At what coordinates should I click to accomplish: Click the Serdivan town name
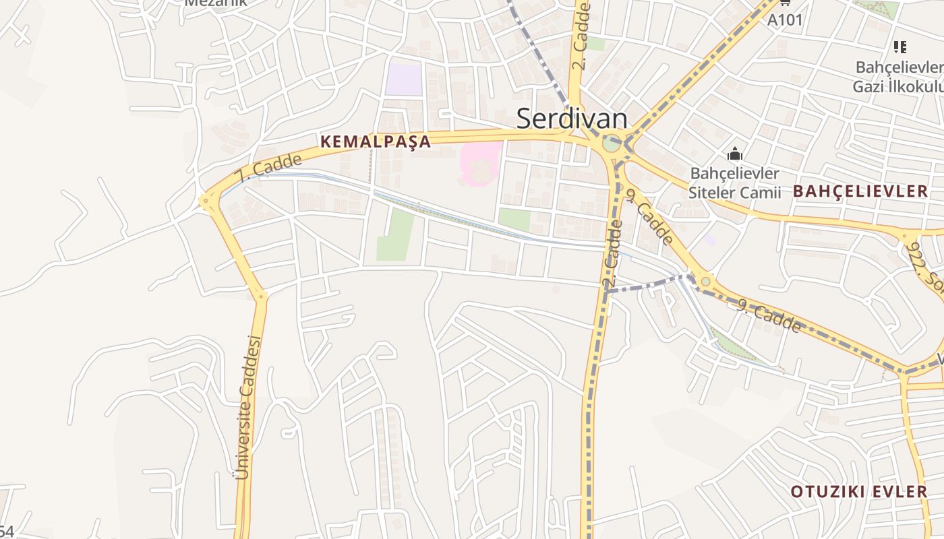click(572, 119)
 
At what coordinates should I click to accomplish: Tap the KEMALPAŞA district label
click(376, 141)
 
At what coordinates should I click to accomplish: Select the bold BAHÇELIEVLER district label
click(860, 191)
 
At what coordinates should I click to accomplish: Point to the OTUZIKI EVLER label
click(859, 491)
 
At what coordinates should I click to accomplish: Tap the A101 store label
click(785, 20)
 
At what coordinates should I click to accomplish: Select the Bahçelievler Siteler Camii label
click(734, 183)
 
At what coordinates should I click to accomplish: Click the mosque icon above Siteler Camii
click(735, 154)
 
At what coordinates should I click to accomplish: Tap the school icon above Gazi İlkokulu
click(899, 46)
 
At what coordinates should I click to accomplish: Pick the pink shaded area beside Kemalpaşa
click(481, 162)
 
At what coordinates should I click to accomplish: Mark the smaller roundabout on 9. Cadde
click(705, 281)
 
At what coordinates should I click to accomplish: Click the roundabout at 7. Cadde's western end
click(206, 201)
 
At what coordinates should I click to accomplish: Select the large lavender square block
click(403, 80)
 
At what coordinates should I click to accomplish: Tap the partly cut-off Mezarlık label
click(216, 3)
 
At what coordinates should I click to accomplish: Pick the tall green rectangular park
click(395, 234)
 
